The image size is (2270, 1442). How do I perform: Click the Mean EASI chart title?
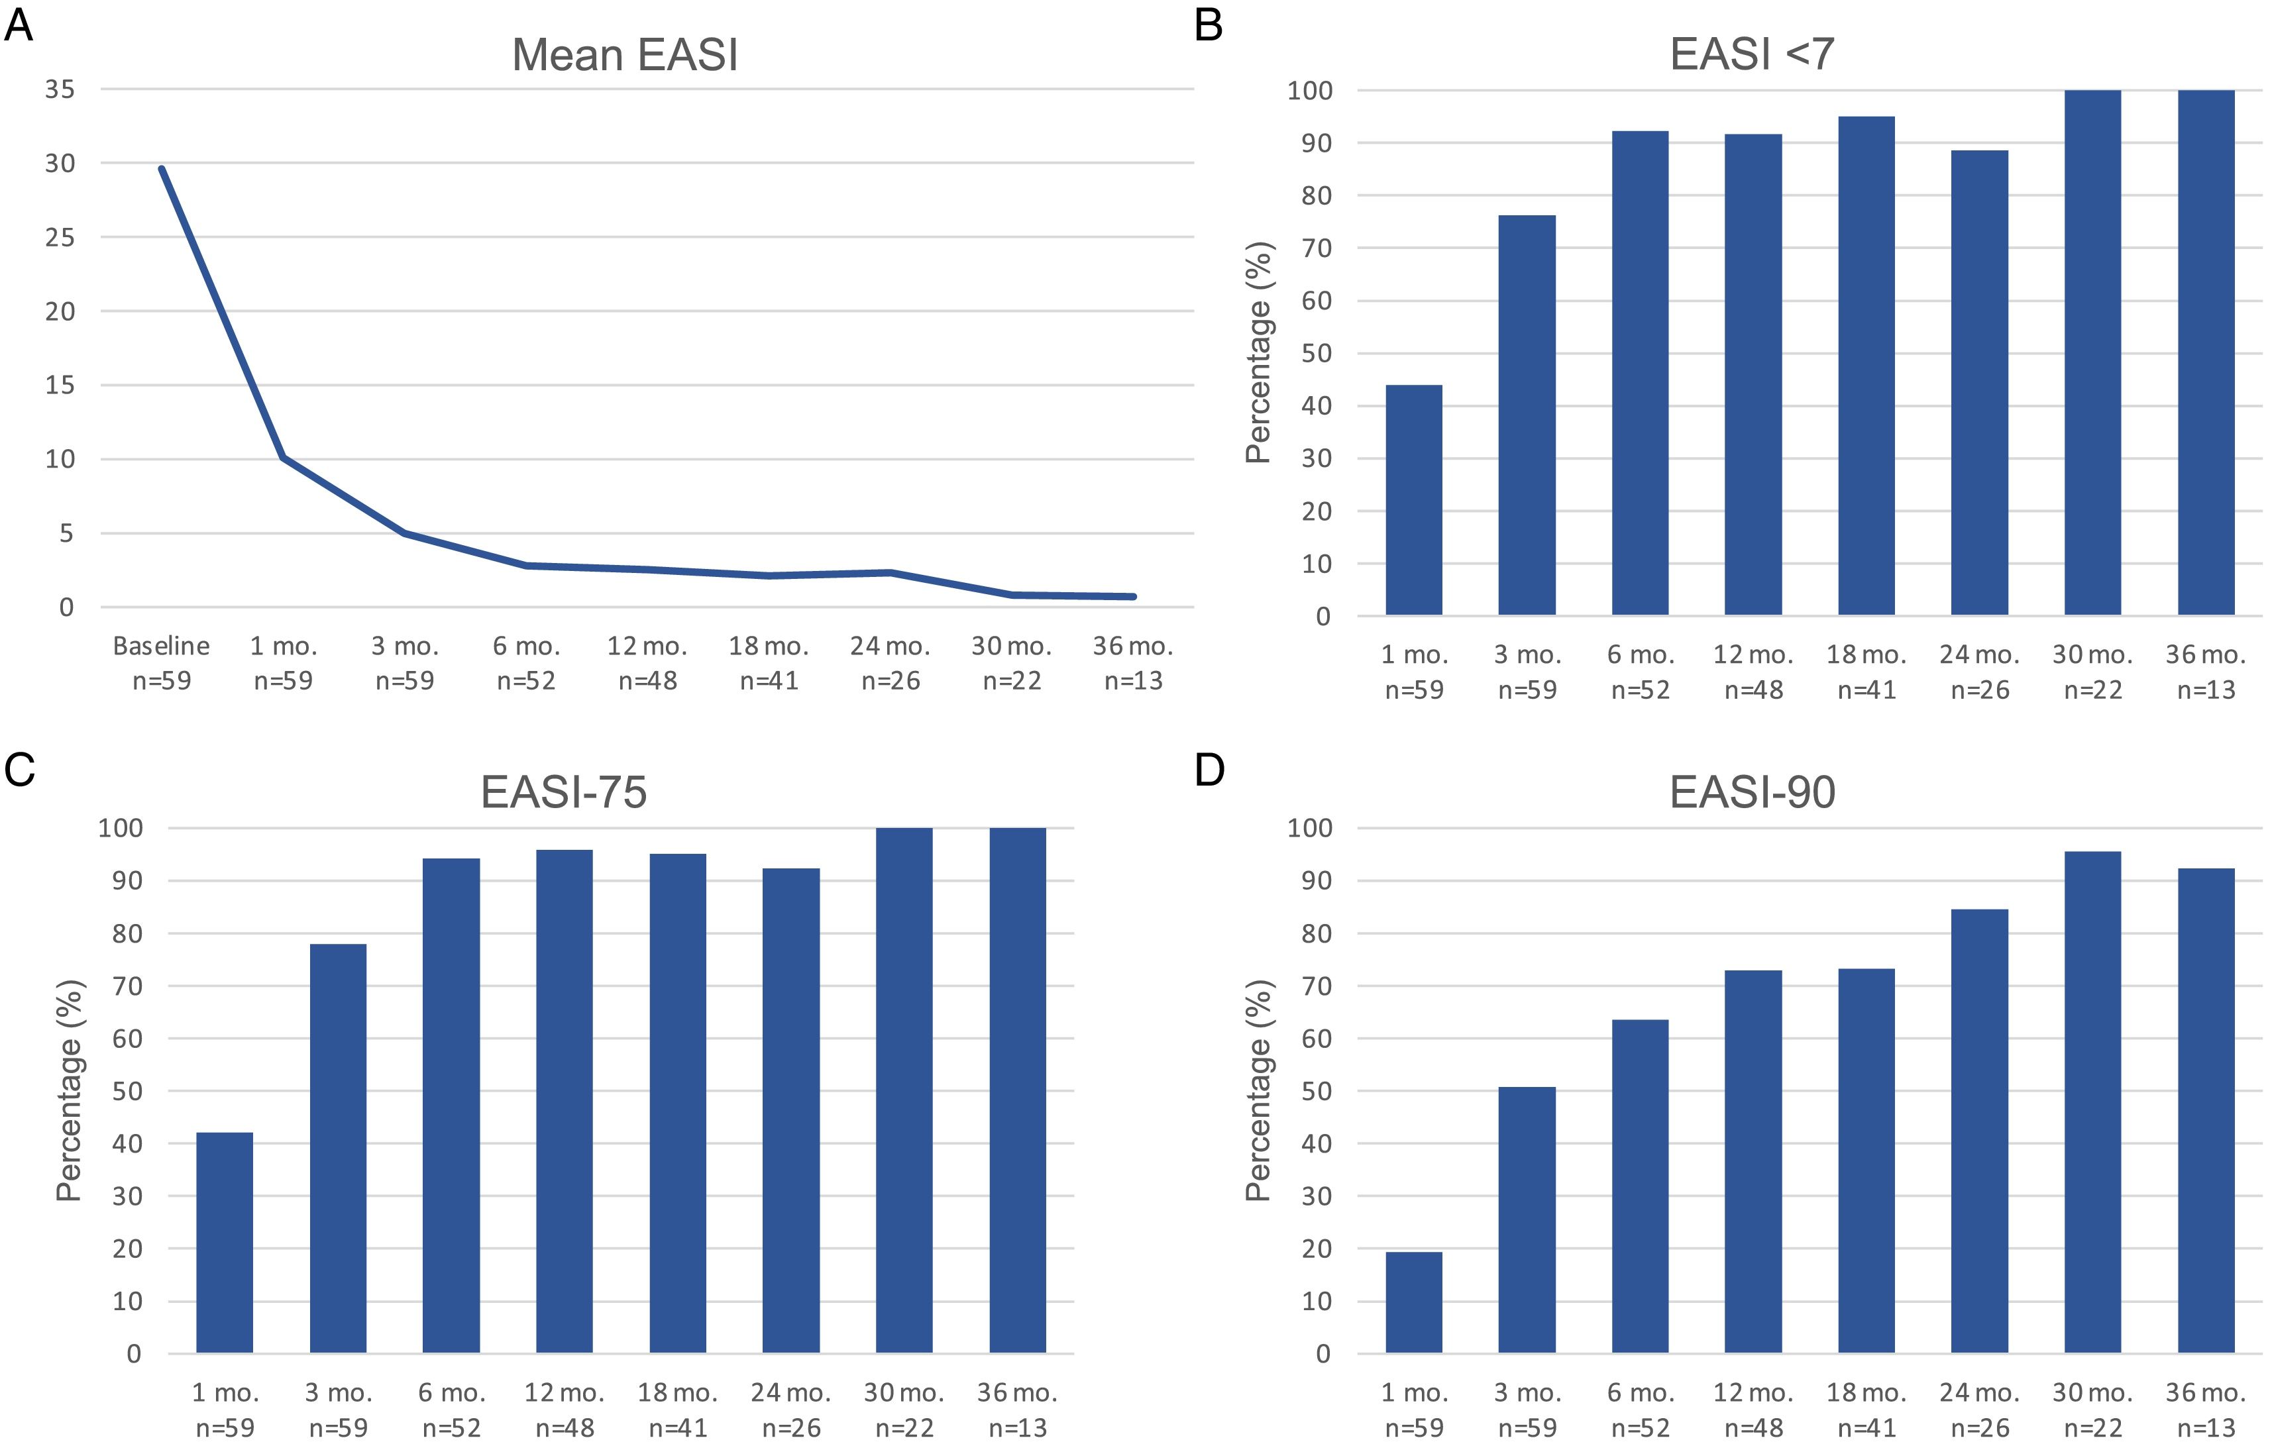coord(624,55)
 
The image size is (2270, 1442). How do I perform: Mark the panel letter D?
coord(1209,770)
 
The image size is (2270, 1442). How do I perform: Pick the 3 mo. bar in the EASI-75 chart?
coord(337,1148)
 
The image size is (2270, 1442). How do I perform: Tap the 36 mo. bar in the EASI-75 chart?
coord(1017,1090)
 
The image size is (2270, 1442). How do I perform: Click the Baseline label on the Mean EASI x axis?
coord(161,646)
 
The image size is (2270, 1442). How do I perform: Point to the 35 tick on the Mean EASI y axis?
coord(60,89)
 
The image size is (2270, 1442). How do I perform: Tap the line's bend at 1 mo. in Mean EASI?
coord(283,458)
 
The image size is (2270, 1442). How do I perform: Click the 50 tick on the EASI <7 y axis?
coord(1317,354)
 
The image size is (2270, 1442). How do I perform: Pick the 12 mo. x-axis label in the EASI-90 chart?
coord(1753,1393)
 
